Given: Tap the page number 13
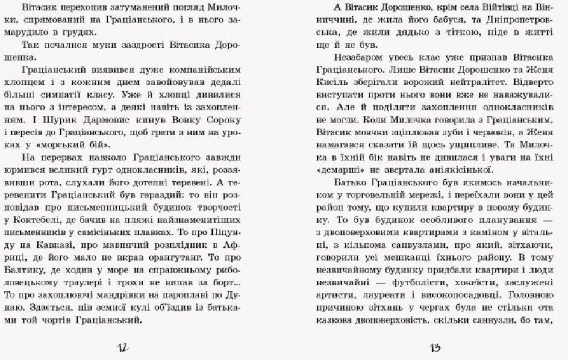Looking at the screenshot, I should [435, 347].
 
